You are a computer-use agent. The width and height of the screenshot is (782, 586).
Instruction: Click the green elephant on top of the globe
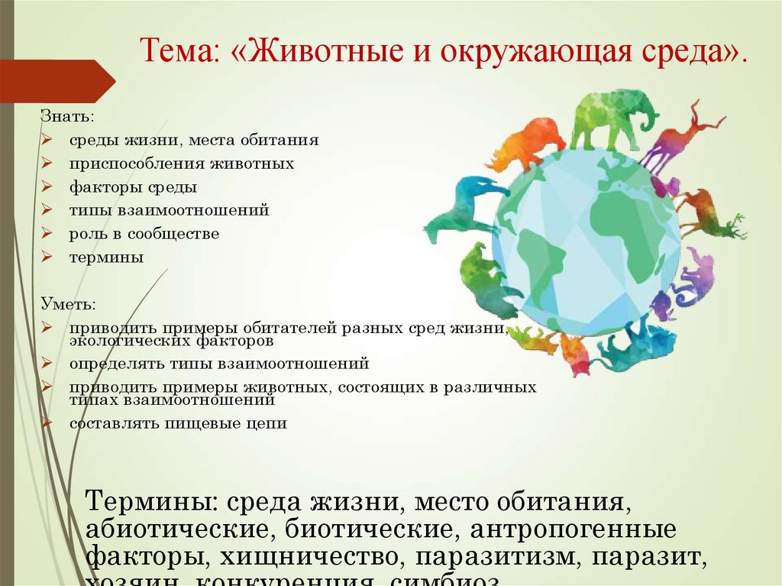[611, 118]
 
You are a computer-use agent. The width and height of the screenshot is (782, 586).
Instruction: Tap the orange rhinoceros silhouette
[527, 144]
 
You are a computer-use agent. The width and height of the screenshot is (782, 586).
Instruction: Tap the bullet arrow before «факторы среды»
[47, 187]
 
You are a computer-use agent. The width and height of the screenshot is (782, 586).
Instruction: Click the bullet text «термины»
[106, 257]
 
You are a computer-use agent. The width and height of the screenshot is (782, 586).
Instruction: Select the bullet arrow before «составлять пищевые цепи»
[47, 423]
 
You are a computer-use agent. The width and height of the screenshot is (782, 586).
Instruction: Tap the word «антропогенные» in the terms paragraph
[573, 529]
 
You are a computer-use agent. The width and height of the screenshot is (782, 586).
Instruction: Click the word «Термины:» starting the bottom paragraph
[150, 503]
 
